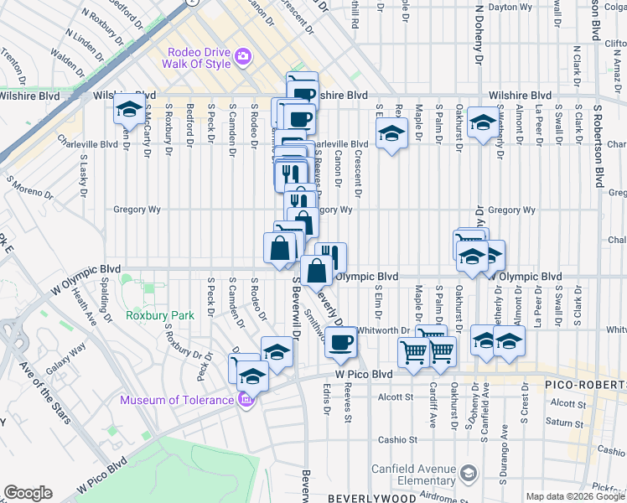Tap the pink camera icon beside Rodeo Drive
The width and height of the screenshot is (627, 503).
point(244,56)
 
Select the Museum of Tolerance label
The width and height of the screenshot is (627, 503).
point(176,400)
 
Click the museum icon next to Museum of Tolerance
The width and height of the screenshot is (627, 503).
point(245,399)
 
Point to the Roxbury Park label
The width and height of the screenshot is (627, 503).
point(159,315)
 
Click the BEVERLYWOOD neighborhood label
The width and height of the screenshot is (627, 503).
point(371,498)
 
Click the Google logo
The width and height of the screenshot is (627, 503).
point(28,493)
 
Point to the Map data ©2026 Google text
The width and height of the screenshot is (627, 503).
point(575,496)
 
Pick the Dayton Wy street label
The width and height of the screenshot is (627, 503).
point(510,7)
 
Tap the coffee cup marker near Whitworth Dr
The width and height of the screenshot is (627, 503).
point(340,342)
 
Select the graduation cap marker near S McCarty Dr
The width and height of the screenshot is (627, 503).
point(130,111)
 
